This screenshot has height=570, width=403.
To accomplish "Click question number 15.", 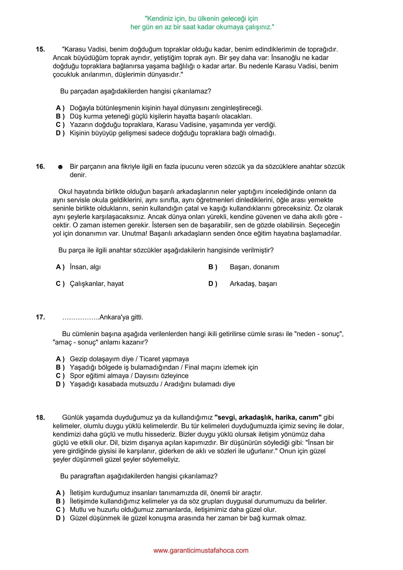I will [x=40, y=49].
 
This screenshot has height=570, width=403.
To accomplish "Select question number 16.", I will [x=40, y=167].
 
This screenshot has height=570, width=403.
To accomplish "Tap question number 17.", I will [x=40, y=317].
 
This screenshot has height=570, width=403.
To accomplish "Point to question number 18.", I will [x=40, y=418].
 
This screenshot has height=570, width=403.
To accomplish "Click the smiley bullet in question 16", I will [x=60, y=167].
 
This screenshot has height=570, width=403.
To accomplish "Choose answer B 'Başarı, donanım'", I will [x=254, y=267].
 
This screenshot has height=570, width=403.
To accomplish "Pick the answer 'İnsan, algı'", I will [x=85, y=267].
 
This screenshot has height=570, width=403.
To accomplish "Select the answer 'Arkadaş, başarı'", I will [x=253, y=284].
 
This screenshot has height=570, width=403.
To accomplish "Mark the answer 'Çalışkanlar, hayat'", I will [x=97, y=284].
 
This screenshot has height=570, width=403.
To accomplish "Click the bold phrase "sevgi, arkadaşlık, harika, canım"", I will [x=268, y=418].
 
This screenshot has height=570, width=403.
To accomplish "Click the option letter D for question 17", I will [x=60, y=384].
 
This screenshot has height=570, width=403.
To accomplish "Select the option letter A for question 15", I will [x=60, y=108].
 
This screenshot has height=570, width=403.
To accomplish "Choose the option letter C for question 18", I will [x=60, y=510].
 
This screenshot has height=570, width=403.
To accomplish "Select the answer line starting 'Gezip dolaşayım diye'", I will [x=129, y=359].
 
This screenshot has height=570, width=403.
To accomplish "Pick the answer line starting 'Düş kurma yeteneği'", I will [x=161, y=116].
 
